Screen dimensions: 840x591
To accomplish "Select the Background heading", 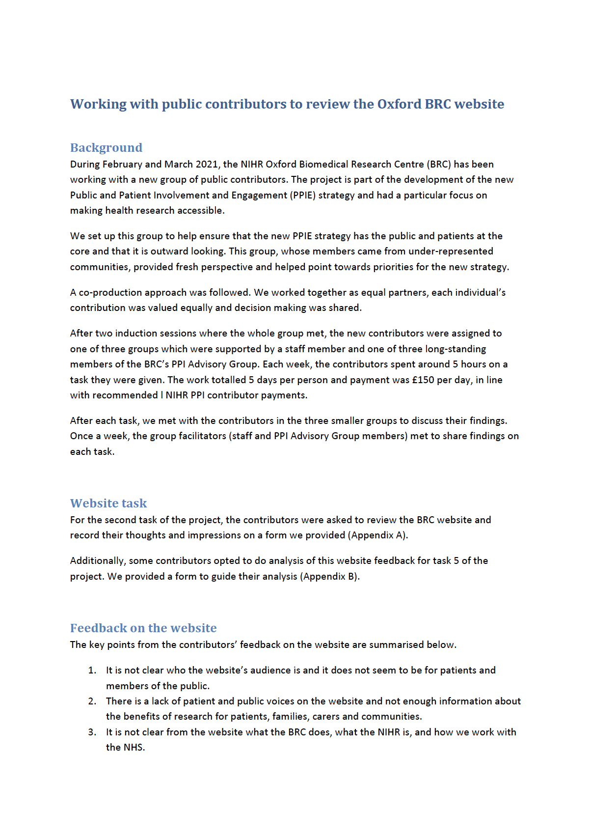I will (x=106, y=147).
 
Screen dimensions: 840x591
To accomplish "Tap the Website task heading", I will (x=108, y=503).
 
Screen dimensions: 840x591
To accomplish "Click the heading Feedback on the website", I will (x=143, y=628).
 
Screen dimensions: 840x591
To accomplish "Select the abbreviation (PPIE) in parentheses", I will (x=303, y=195).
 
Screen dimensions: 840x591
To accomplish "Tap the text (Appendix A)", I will (x=377, y=535).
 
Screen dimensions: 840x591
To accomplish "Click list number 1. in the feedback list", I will (x=92, y=671).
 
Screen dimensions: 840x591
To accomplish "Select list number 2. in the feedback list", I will (x=92, y=701).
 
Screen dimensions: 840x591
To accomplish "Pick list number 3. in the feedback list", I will (x=92, y=732).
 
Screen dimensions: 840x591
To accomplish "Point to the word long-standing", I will (x=455, y=349).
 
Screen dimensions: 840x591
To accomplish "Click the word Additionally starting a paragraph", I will (x=97, y=561).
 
